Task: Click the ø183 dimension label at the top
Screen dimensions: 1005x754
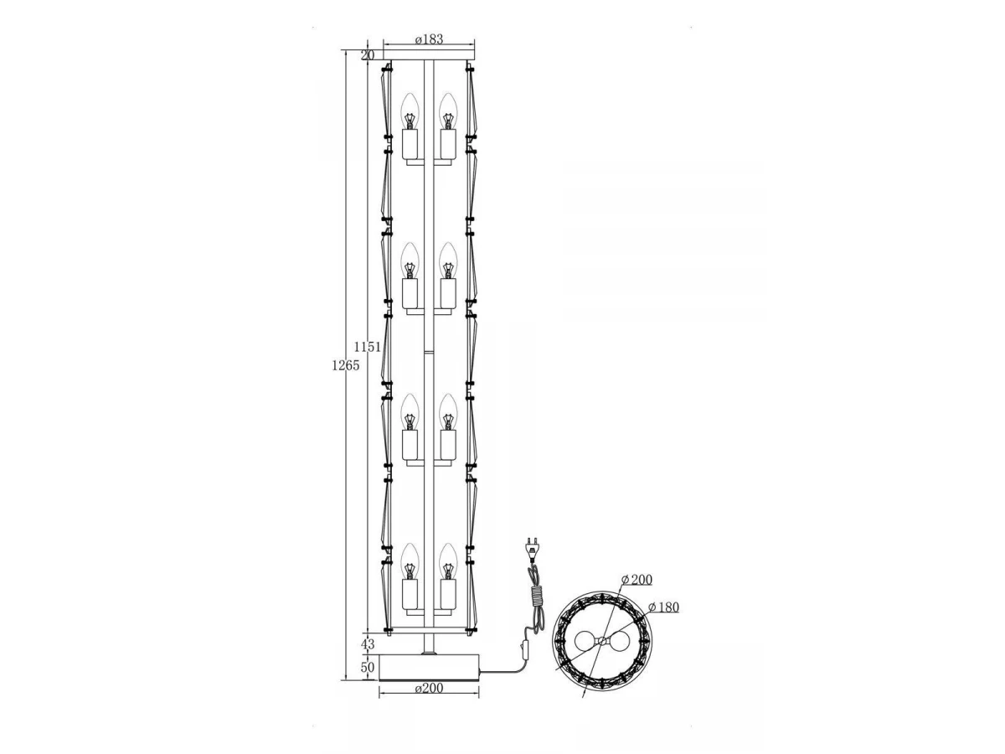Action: pos(429,39)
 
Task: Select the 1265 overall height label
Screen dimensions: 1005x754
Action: pos(346,365)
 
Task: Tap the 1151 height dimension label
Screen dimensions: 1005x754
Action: pos(367,347)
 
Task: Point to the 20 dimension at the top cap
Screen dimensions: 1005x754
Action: pos(368,55)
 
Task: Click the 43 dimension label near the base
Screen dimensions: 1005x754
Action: pos(368,644)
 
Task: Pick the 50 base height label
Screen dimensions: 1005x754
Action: pos(368,667)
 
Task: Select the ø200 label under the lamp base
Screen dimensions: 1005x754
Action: pos(429,688)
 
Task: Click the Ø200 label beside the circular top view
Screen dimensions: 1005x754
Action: pos(636,580)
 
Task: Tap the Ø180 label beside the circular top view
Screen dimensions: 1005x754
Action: pos(663,607)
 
